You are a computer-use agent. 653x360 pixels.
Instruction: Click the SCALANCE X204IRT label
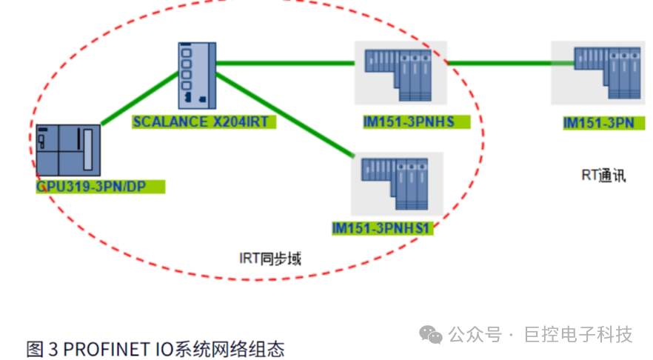pyautogui.click(x=204, y=121)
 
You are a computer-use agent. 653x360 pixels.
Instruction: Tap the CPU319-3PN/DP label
pyautogui.click(x=100, y=187)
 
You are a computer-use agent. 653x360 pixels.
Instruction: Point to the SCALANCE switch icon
pyautogui.click(x=197, y=75)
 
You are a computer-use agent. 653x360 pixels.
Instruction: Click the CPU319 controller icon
pyautogui.click(x=69, y=150)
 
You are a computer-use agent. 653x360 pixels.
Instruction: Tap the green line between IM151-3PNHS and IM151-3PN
pyautogui.click(x=500, y=64)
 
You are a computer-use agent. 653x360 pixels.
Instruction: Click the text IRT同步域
pyautogui.click(x=269, y=259)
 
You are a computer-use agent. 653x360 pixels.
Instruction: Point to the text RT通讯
pyautogui.click(x=603, y=176)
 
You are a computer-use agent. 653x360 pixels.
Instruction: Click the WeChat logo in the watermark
pyautogui.click(x=431, y=335)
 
